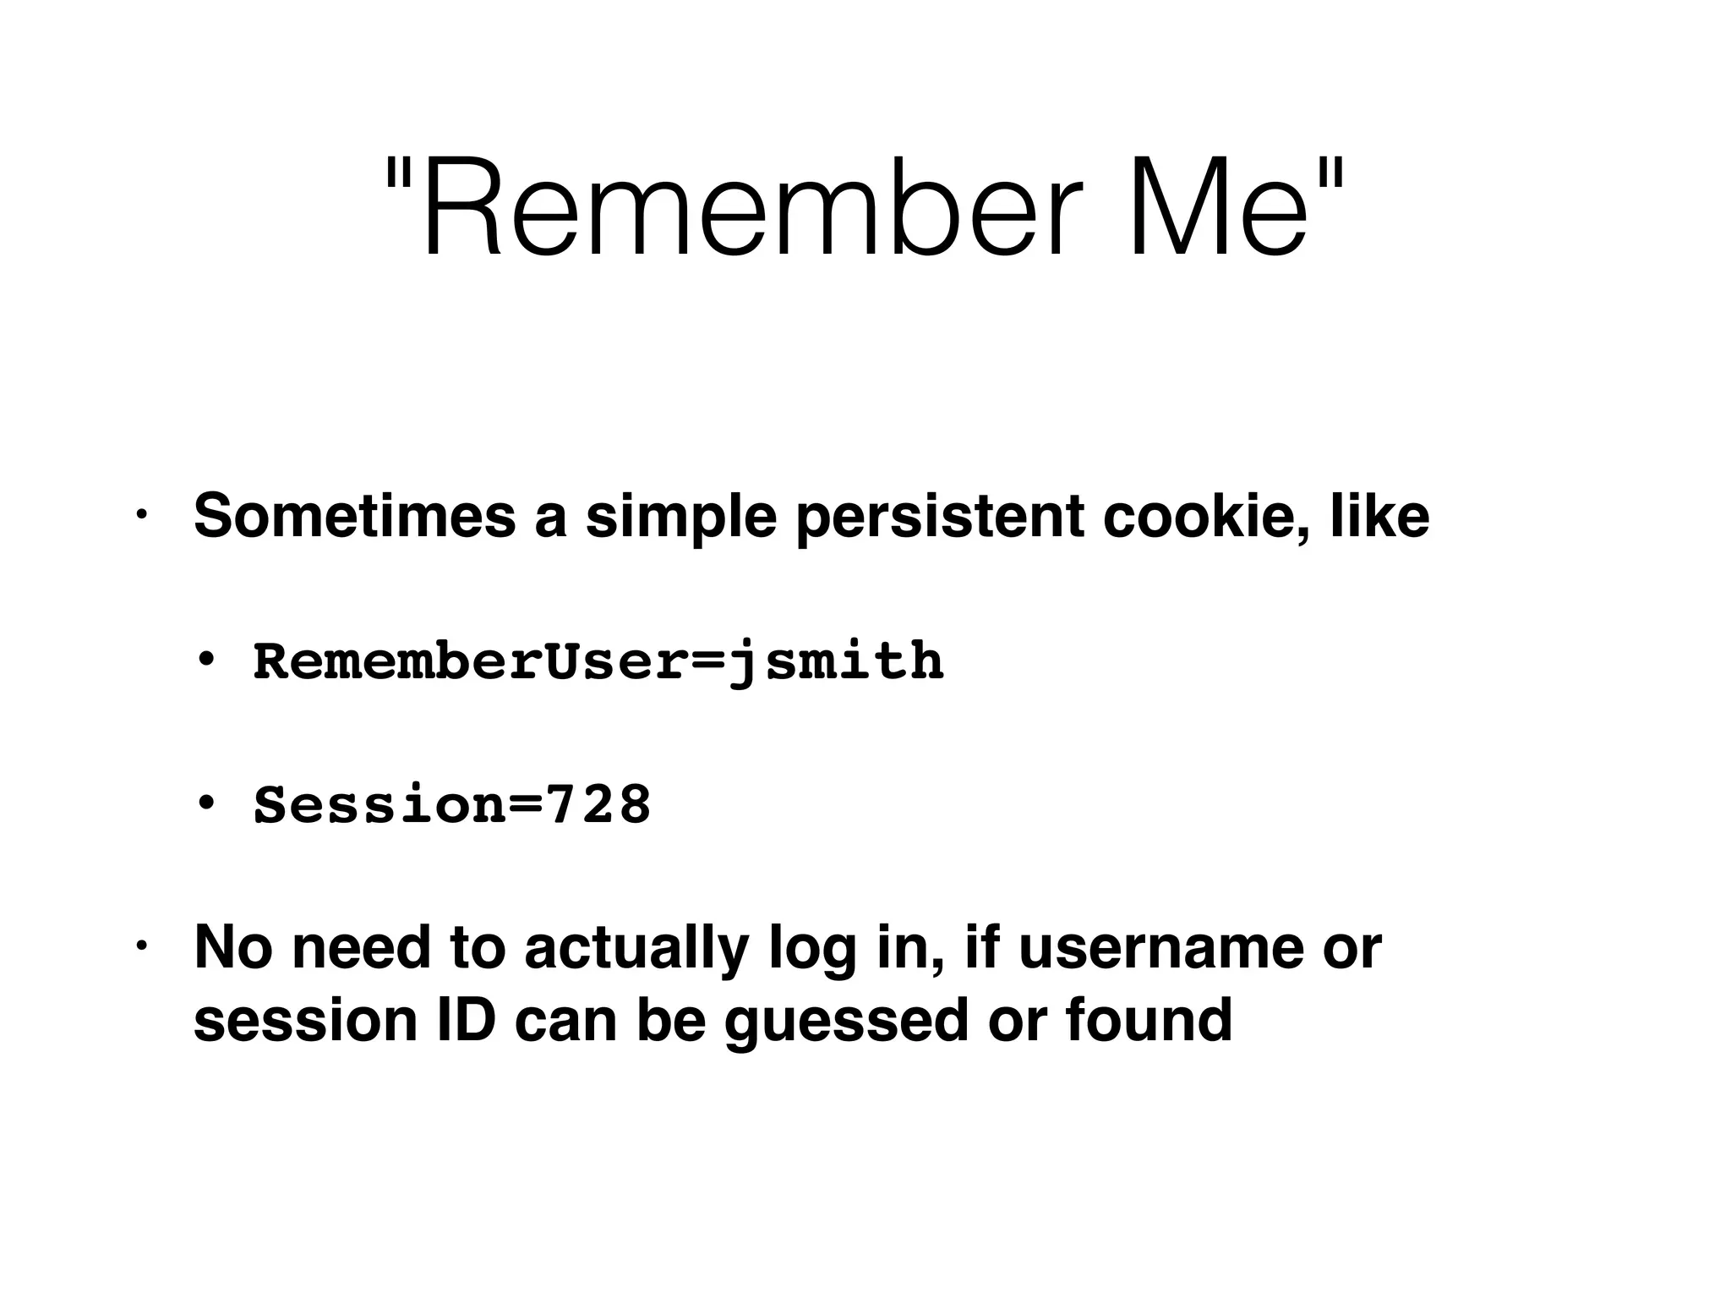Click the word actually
[636, 949]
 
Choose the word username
[1161, 947]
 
